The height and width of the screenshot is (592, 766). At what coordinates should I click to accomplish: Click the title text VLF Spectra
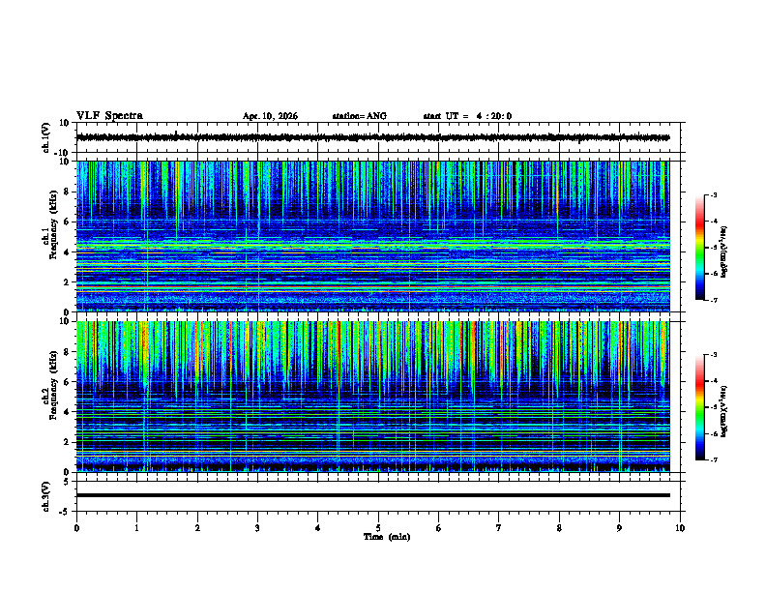click(109, 116)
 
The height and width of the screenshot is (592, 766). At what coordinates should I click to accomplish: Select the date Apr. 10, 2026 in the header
click(270, 116)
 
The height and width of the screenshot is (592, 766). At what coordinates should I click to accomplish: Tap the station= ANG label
click(359, 116)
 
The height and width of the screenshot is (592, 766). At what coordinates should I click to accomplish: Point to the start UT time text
click(467, 116)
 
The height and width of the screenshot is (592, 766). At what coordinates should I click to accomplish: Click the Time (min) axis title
click(386, 536)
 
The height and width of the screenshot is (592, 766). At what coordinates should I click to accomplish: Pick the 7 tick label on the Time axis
click(498, 528)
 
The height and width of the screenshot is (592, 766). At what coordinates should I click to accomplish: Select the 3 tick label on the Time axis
click(257, 528)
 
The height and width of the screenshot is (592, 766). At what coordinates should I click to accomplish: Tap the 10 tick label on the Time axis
click(680, 528)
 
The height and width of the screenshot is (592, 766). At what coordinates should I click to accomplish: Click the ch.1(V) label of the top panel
click(46, 137)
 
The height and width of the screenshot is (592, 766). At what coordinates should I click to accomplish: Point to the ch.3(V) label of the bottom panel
click(46, 495)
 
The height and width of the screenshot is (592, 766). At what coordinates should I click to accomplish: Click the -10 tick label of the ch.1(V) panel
click(61, 153)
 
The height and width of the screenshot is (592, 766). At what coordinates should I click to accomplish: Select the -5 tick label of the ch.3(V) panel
click(63, 510)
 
